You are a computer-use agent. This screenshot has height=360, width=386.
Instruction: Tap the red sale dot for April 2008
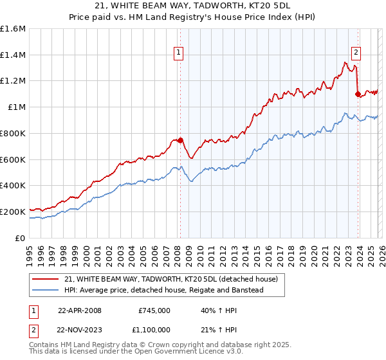click(x=180, y=140)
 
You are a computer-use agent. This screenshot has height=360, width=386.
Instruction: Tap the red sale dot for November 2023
click(x=358, y=94)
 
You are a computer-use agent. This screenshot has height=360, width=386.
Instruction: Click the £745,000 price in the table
click(x=154, y=310)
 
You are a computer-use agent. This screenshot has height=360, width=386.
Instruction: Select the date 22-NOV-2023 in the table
click(x=80, y=330)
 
